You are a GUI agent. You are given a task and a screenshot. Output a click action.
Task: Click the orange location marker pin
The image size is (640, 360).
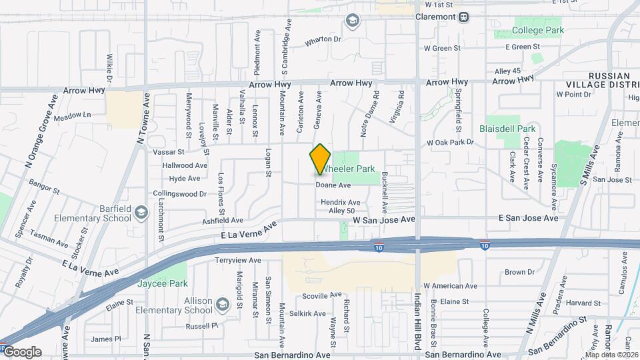click(320, 159)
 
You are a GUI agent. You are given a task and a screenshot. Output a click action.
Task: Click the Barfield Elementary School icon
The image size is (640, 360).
click(141, 213)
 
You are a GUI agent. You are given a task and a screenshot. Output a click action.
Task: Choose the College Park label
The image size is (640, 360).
click(538, 30)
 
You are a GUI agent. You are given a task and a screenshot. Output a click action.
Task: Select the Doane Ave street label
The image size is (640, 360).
click(333, 185)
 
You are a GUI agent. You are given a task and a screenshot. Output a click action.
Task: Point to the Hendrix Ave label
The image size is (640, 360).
click(340, 202)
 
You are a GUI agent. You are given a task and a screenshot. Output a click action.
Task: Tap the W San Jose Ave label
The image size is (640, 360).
click(384, 219)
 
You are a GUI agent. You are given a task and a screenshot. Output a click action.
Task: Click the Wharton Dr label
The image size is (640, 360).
click(323, 40)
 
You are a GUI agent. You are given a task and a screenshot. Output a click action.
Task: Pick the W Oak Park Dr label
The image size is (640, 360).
click(450, 143)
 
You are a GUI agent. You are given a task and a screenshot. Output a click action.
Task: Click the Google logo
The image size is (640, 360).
click(22, 352)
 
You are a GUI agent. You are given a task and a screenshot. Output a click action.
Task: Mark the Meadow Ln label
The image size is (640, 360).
click(73, 115)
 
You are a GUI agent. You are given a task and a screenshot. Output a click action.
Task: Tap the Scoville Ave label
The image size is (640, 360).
click(321, 295)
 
